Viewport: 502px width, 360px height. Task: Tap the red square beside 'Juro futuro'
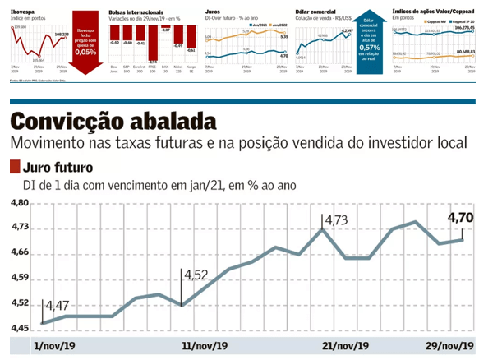(14, 168)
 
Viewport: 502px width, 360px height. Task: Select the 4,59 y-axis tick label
(20, 279)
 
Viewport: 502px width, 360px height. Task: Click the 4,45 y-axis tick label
(20, 329)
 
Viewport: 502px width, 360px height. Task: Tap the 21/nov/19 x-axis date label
(345, 345)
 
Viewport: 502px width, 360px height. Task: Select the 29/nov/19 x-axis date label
(450, 345)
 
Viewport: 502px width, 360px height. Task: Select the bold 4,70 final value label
(461, 218)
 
